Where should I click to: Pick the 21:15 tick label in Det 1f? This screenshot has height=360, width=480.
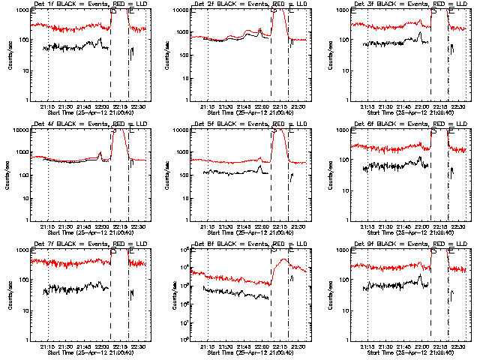coord(49,106)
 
